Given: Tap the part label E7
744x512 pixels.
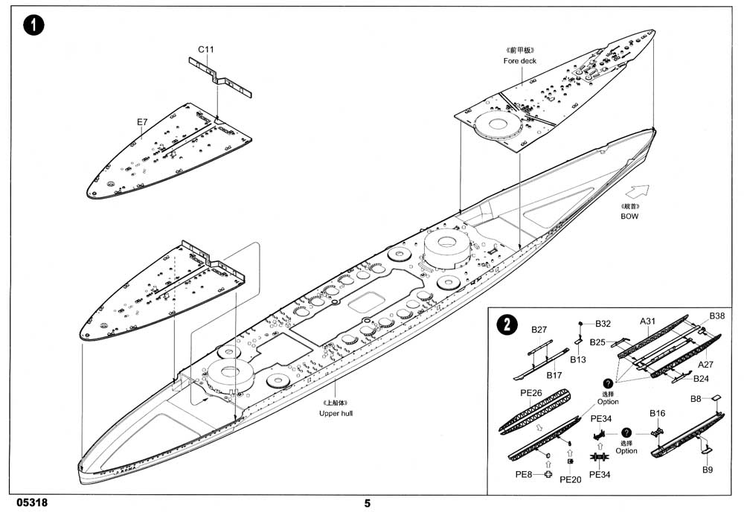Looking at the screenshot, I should point(142,121).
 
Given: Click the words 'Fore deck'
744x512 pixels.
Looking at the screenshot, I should point(519,61).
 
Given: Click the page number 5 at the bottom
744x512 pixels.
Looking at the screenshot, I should point(367,502).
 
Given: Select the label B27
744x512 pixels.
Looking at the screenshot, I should point(539,330).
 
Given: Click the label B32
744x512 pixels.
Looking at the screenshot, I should point(603,324).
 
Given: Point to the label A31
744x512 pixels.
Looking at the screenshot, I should point(648,321).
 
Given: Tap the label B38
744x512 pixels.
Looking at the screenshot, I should point(716,316).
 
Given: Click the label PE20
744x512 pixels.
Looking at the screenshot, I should point(570,480).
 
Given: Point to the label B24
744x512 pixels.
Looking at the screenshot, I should point(701,378).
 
